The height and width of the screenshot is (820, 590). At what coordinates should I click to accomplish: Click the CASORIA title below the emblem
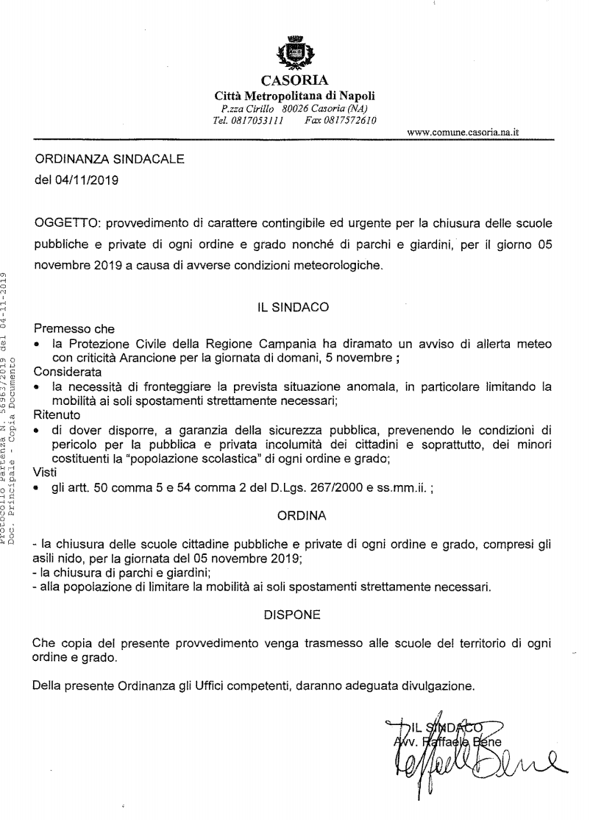pos(294,80)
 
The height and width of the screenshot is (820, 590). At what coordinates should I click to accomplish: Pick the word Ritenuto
pos(57,414)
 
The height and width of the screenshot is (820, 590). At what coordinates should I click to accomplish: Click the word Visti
pos(45,472)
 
